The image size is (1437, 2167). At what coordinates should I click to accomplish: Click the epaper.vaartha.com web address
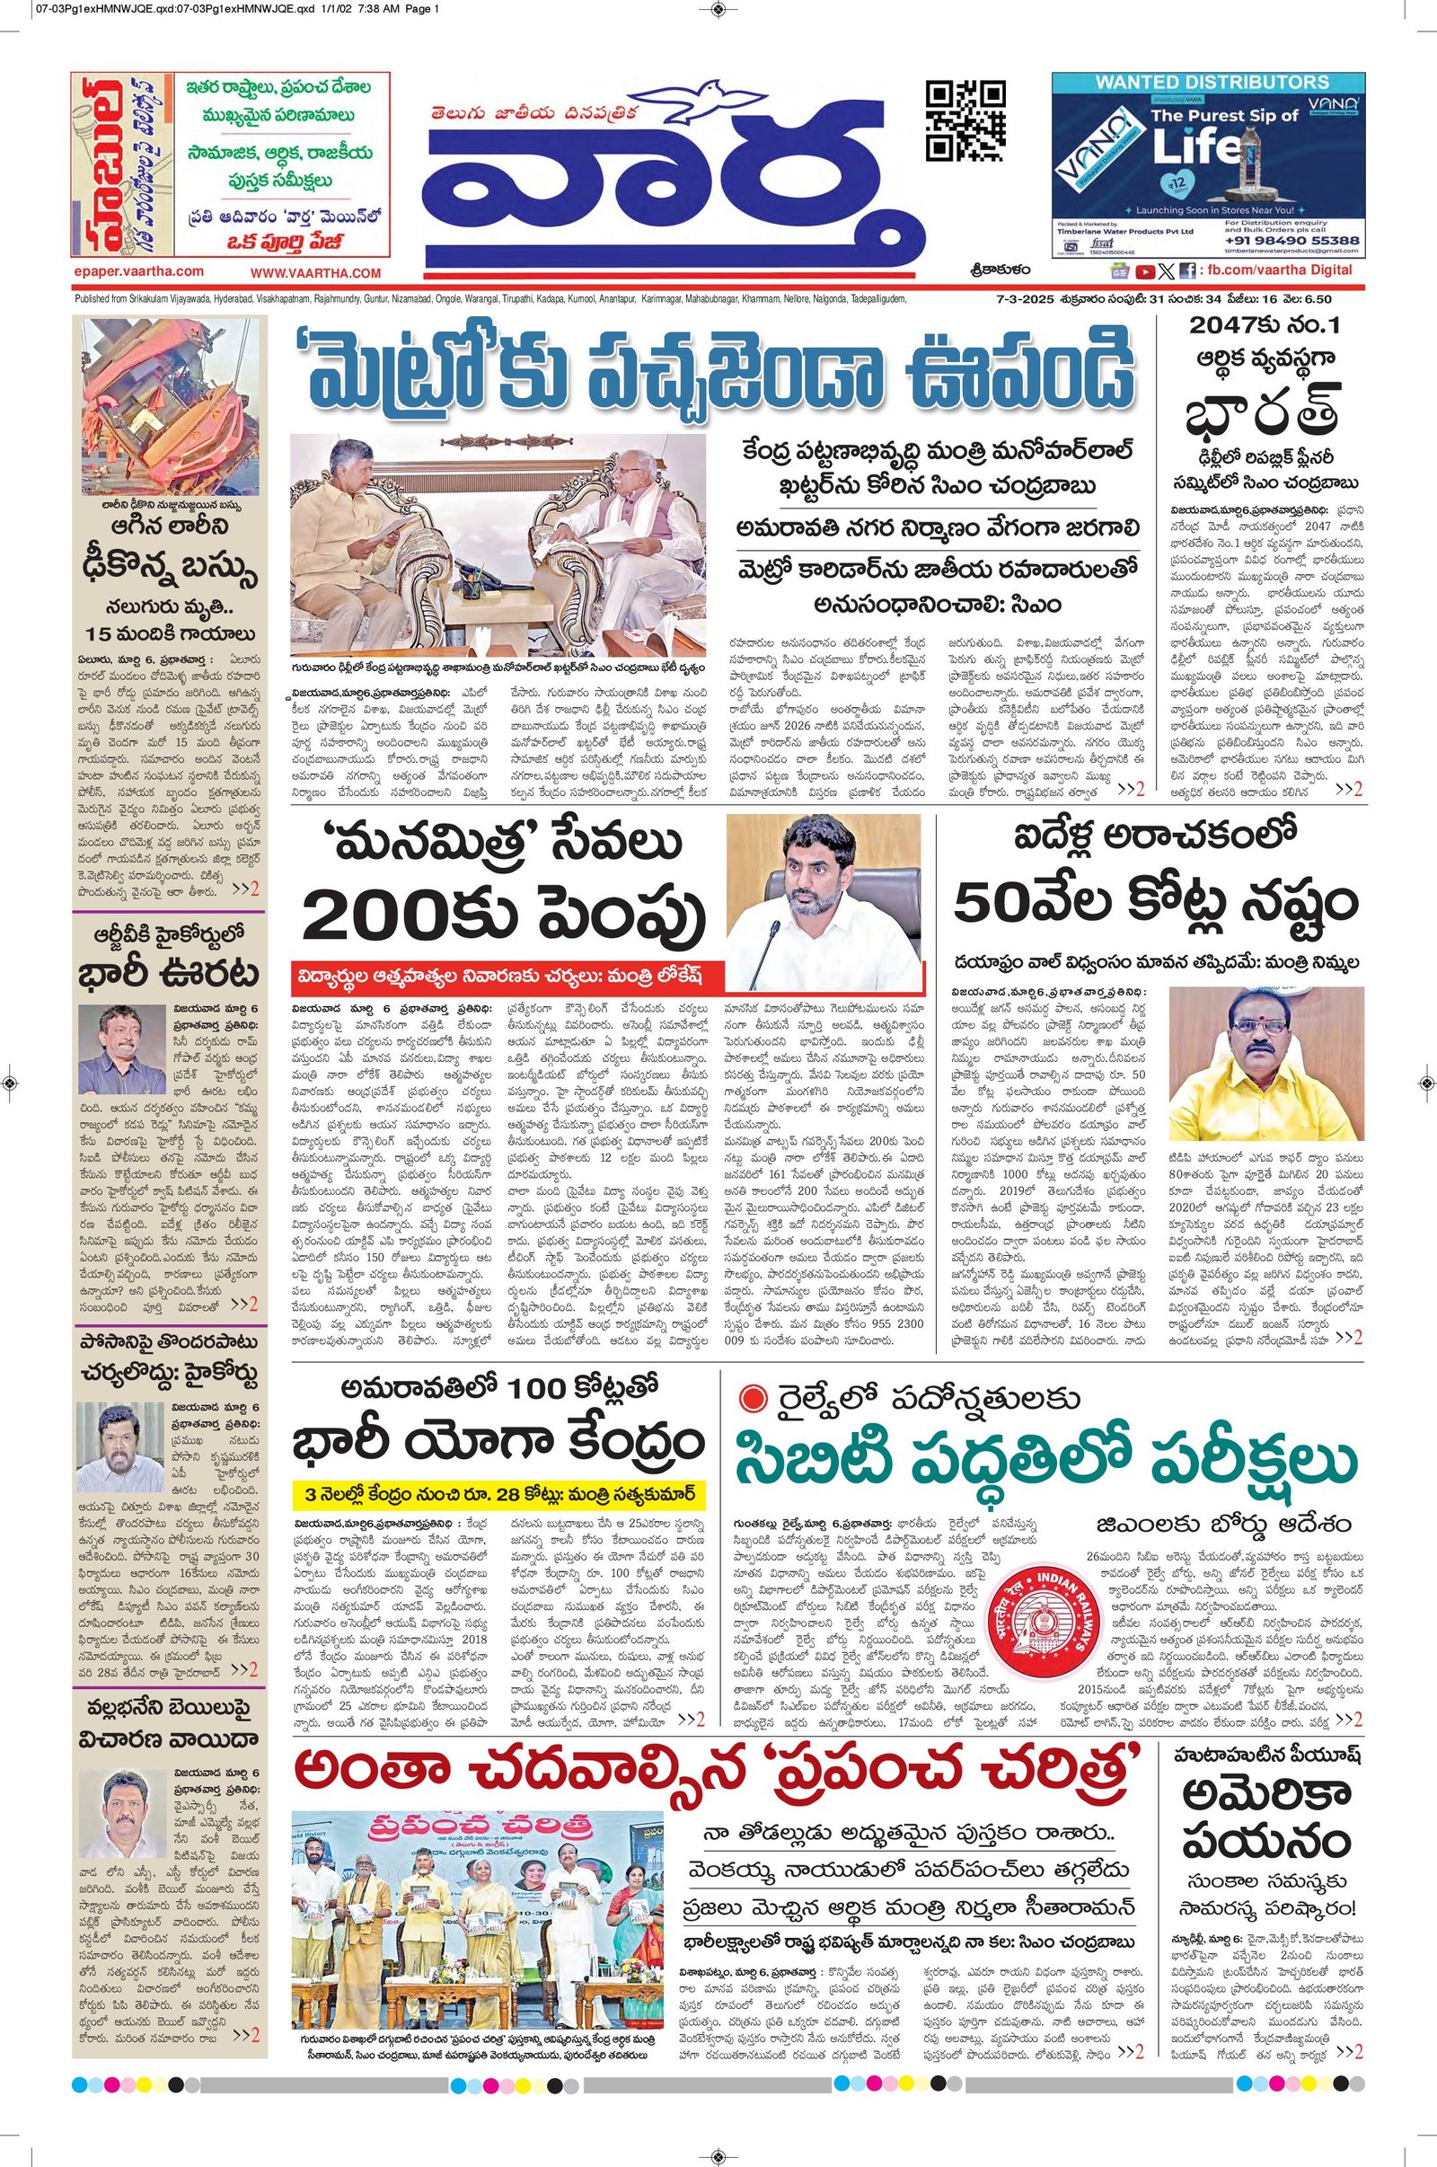point(137,271)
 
